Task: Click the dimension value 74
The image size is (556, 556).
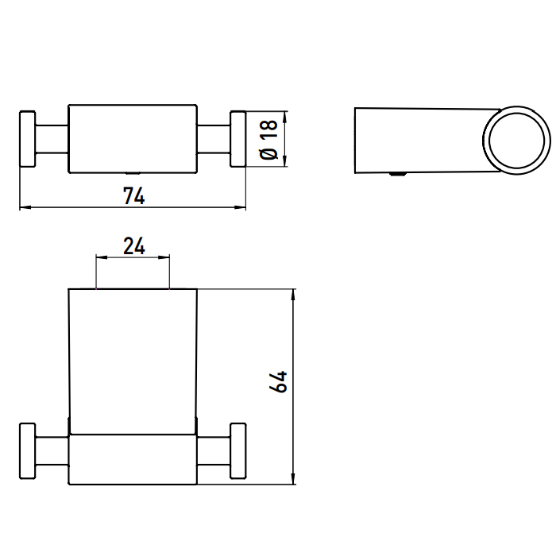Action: click(133, 196)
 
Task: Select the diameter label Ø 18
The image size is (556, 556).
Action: click(268, 140)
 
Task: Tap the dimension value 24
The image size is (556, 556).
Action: click(133, 246)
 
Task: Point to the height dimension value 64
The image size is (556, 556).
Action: click(278, 381)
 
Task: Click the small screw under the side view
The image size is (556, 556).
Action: click(396, 176)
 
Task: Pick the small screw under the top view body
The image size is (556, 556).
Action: click(133, 172)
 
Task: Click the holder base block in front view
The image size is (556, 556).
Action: click(133, 459)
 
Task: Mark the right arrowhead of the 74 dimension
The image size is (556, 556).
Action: click(242, 208)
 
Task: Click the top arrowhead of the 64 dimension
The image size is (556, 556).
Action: click(294, 294)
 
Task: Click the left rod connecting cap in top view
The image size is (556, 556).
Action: click(52, 139)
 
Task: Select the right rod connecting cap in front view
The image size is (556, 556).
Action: click(214, 451)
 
